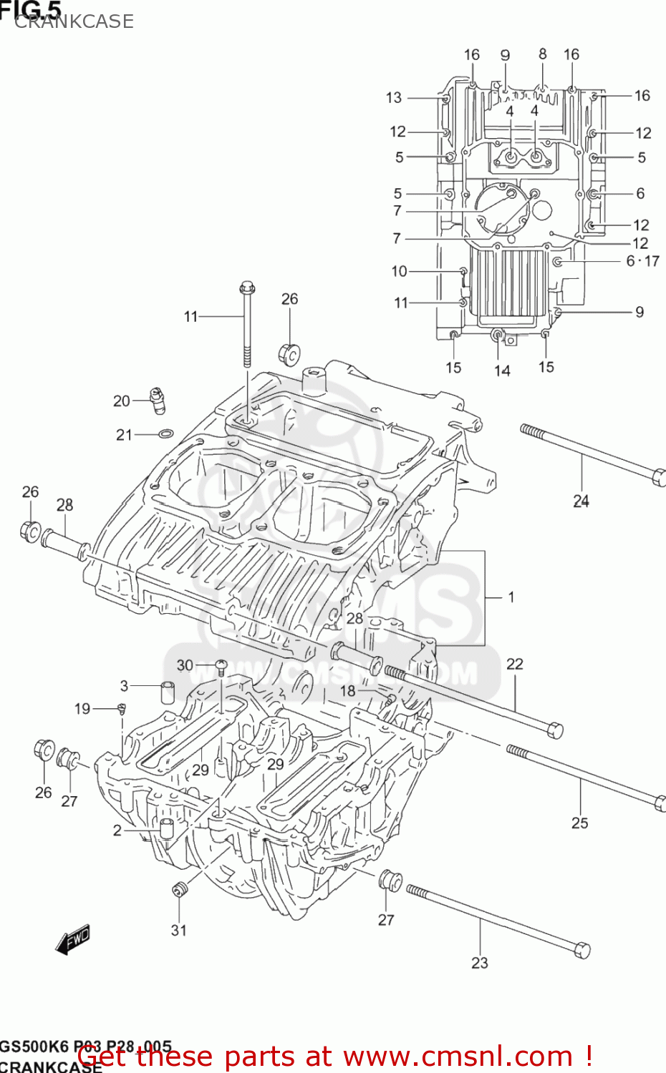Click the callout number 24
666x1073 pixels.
[x=581, y=501]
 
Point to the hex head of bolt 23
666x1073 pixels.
[x=582, y=951]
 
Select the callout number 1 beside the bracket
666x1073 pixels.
[x=511, y=597]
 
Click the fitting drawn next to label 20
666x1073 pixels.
[x=158, y=400]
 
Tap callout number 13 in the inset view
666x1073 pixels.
[x=394, y=97]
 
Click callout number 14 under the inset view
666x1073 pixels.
[x=502, y=371]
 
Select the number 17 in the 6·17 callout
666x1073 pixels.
[x=652, y=261]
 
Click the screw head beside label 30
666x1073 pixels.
[x=221, y=666]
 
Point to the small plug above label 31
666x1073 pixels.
[x=179, y=889]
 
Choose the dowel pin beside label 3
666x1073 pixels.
[x=167, y=692]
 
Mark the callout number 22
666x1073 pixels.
[x=515, y=664]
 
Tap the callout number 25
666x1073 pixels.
[x=579, y=823]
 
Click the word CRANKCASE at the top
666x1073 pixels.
[x=74, y=21]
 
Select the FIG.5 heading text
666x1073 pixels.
[x=30, y=9]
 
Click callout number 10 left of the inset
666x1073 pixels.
[x=399, y=271]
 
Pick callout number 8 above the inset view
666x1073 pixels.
[x=543, y=54]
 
